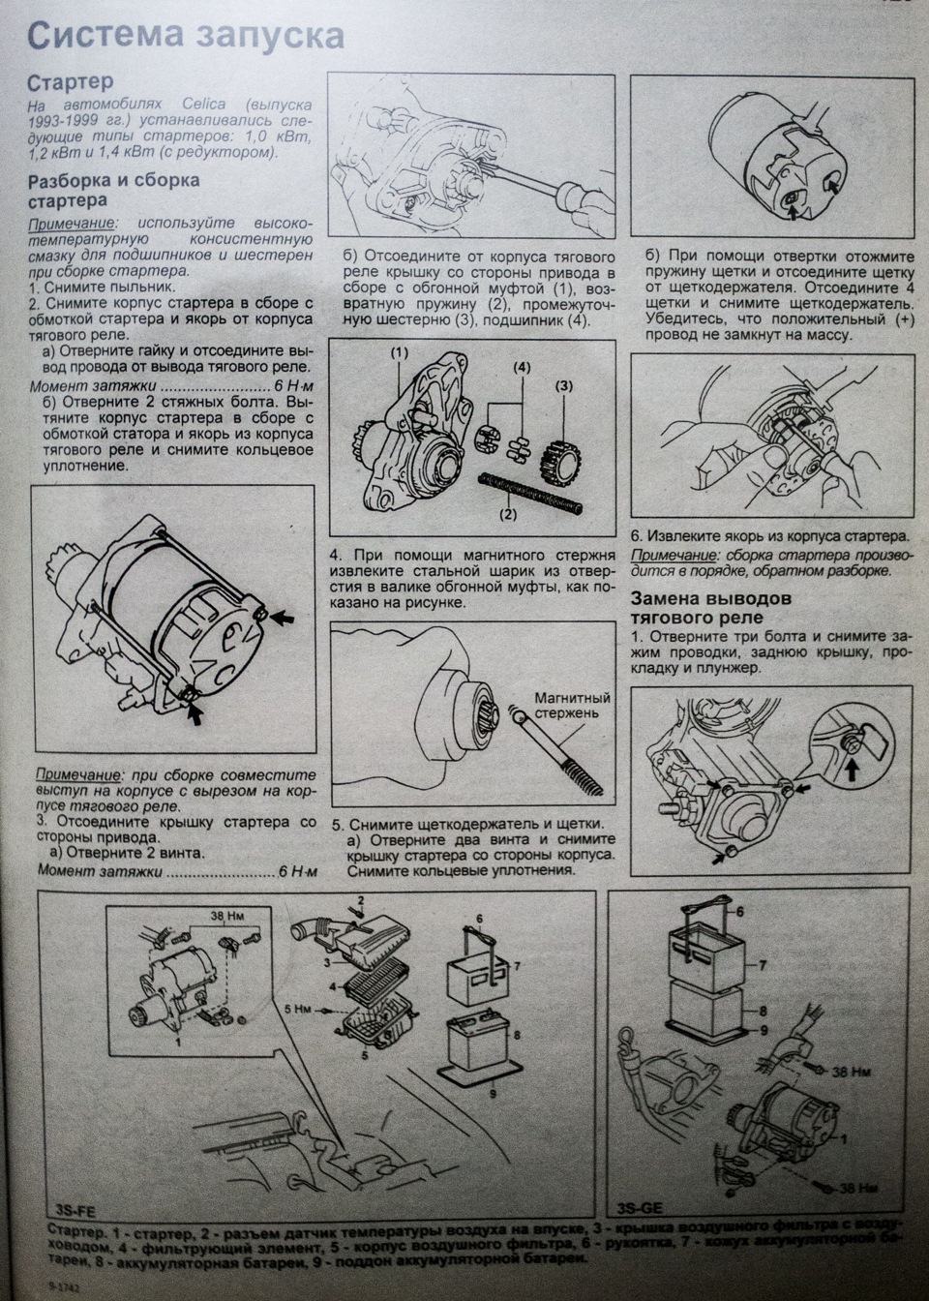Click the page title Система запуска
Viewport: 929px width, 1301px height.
(x=185, y=36)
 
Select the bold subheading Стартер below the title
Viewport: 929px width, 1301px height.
(x=71, y=83)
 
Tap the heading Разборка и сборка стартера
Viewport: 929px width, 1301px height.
(x=114, y=190)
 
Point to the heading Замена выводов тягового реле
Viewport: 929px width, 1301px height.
(x=710, y=607)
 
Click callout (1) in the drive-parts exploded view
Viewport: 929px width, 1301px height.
(x=400, y=353)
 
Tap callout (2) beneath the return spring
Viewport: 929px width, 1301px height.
(x=508, y=515)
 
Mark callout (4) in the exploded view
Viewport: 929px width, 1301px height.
(x=523, y=369)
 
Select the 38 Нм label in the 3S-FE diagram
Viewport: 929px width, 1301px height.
(x=225, y=914)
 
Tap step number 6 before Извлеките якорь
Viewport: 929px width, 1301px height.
(x=636, y=535)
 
